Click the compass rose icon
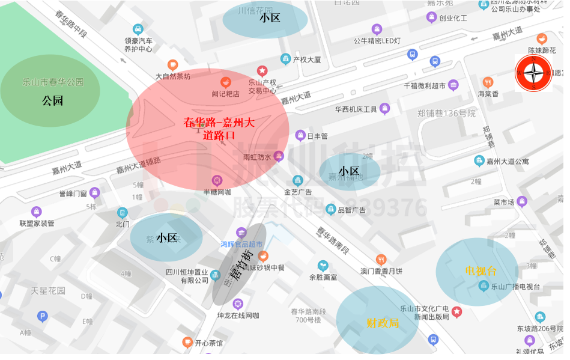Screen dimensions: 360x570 coord(533,73)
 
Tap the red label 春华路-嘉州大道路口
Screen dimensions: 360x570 coord(219,129)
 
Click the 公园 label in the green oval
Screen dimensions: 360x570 coord(53,101)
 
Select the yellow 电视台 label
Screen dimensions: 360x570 coord(481,271)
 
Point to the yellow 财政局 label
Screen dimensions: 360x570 coord(383,323)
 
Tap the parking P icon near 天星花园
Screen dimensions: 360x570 coord(42,316)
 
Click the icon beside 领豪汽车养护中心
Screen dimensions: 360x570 coord(138,29)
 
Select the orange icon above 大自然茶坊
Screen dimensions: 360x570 coord(172,65)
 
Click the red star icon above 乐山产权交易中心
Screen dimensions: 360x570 coord(262,71)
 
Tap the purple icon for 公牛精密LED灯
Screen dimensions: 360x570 coord(377,29)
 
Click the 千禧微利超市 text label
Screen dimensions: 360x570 coord(425,87)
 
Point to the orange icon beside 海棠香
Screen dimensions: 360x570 coord(488,82)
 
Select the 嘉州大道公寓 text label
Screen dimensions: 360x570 coord(508,161)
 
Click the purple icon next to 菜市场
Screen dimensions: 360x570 coord(521,201)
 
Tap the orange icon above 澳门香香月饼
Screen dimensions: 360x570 coord(380,260)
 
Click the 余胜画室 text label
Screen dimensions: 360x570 coord(323,278)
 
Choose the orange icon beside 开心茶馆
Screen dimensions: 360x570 coord(187,343)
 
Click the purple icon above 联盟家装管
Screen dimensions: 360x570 coord(37,212)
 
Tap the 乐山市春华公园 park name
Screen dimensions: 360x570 coord(53,82)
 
